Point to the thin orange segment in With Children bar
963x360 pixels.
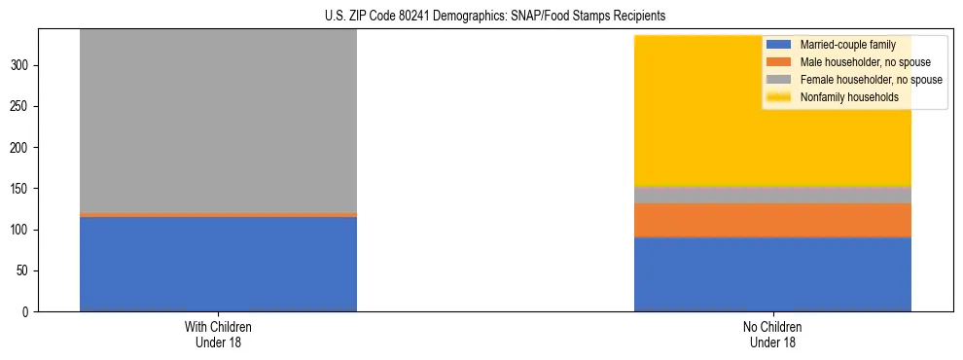(218, 214)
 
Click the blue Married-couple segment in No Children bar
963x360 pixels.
(772, 274)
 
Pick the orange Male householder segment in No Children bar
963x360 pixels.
(772, 220)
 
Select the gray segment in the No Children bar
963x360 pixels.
(772, 195)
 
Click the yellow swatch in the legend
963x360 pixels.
(780, 97)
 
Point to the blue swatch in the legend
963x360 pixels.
(780, 45)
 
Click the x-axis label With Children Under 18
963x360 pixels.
(218, 334)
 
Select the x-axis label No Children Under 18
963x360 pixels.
(772, 334)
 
